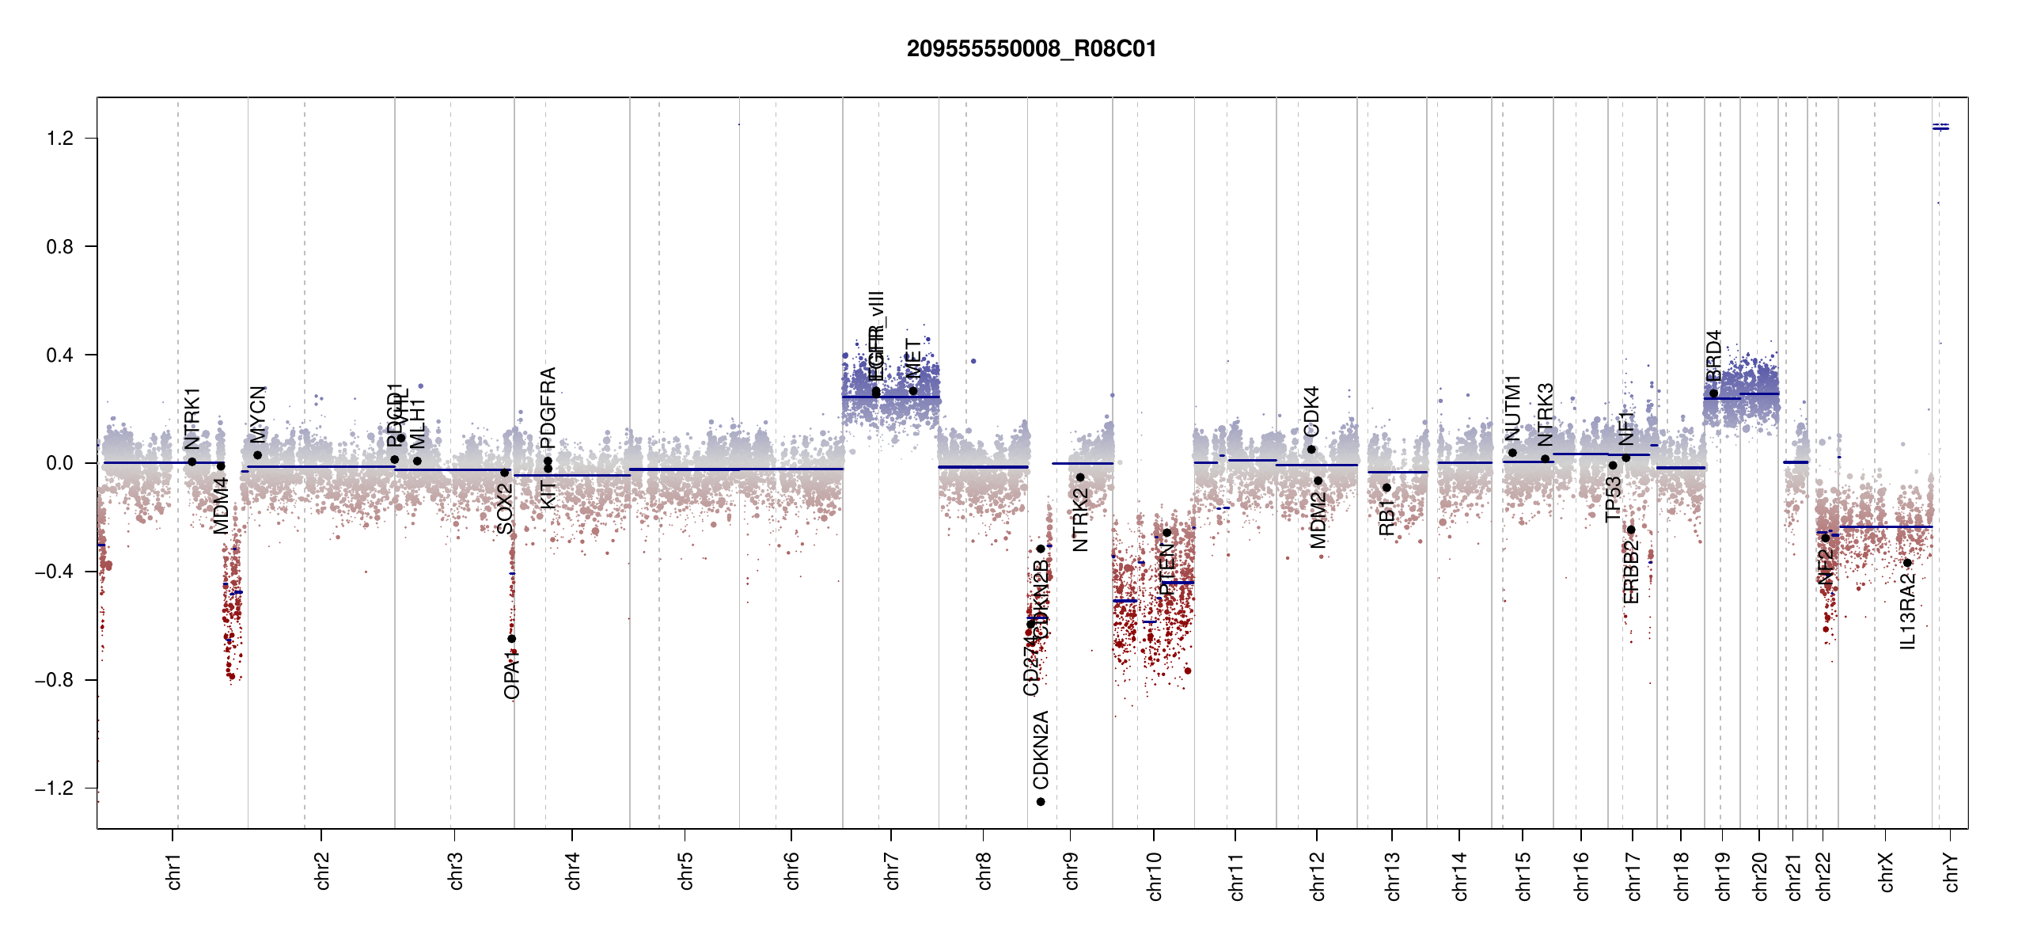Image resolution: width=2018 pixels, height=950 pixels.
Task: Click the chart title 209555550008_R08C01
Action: click(x=1031, y=49)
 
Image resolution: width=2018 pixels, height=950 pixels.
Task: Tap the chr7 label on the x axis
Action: click(x=892, y=871)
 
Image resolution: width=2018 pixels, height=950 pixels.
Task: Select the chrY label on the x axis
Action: click(x=1952, y=872)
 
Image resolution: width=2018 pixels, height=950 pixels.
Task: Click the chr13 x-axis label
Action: click(x=1392, y=876)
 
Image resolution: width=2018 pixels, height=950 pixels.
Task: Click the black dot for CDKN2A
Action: click(x=1041, y=802)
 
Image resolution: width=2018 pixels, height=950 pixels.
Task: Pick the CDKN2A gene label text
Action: click(x=1041, y=749)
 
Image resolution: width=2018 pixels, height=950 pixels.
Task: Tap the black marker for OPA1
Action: click(x=511, y=639)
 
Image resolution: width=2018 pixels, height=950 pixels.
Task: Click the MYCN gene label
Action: click(x=258, y=413)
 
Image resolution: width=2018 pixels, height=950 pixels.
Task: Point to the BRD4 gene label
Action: click(x=1713, y=356)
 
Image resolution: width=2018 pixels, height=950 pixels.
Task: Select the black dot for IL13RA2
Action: click(x=1907, y=563)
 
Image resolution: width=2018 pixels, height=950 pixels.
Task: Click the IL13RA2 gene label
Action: click(x=1907, y=612)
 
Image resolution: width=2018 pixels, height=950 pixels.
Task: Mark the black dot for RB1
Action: click(x=1386, y=488)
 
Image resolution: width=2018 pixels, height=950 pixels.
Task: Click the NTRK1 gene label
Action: click(x=192, y=419)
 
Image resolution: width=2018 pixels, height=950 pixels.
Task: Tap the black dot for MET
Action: click(x=912, y=391)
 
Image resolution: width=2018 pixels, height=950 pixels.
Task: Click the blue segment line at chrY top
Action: click(x=1940, y=127)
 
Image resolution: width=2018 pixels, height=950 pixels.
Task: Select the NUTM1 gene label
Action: click(x=1512, y=408)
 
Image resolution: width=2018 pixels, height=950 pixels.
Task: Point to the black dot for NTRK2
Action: click(x=1080, y=477)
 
